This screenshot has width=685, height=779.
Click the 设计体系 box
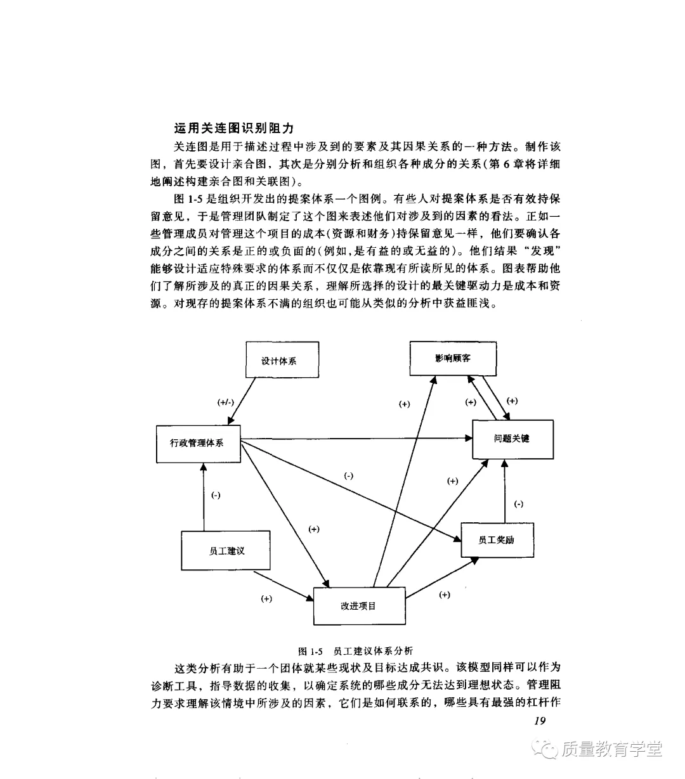point(282,360)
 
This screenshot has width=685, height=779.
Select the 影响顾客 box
point(453,358)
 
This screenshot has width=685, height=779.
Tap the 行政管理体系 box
point(198,443)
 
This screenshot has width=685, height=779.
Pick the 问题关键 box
point(512,439)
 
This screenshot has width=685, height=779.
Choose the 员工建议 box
point(226,551)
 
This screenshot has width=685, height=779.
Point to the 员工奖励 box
point(497,539)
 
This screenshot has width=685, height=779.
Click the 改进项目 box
point(359,606)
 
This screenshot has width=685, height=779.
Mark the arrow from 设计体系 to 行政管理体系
point(244,400)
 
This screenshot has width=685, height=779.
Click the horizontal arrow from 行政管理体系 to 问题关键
point(355,438)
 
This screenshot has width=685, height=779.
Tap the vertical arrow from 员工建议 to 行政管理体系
point(204,498)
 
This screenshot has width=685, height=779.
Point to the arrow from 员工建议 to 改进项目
point(284,586)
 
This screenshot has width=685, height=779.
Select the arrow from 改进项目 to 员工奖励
point(441,577)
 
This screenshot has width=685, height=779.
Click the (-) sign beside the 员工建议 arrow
point(216,495)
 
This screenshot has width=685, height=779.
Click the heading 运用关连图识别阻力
point(234,128)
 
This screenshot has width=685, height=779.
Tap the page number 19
point(540,720)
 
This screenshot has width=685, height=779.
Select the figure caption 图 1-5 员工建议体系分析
point(355,651)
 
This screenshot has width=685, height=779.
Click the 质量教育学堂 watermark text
point(611,749)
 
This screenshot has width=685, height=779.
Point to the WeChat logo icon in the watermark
point(545,749)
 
